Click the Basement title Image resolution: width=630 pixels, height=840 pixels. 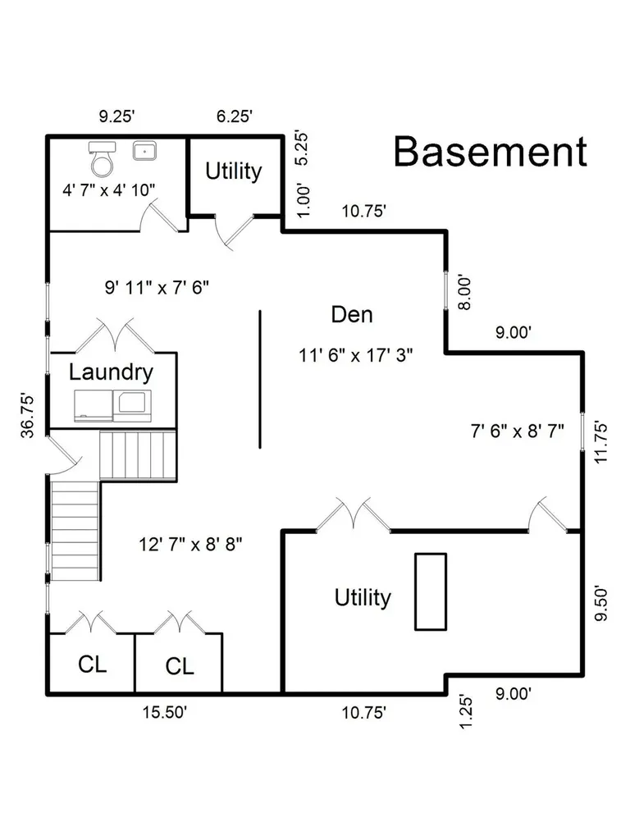pos(491,152)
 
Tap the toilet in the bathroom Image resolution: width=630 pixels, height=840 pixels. pos(102,158)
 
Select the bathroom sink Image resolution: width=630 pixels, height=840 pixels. pos(144,151)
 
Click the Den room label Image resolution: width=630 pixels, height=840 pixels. pos(352,314)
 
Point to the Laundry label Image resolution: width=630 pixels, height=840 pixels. pos(111,372)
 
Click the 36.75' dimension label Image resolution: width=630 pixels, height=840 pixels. pos(27,416)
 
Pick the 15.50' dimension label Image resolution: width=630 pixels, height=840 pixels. pos(164,712)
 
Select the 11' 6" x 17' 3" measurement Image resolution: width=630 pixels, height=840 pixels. pos(356,354)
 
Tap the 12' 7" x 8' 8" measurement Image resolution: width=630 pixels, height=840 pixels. pos(190,545)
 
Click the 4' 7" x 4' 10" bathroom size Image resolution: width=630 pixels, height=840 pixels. pos(109,189)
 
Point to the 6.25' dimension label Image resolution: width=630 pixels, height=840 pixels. pos(235,116)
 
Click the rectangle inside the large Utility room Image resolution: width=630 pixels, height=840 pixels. pos(431,591)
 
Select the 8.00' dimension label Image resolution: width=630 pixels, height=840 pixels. pos(464,293)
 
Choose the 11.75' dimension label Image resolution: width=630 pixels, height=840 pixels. pos(601,442)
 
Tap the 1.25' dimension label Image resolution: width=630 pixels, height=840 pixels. pos(466,712)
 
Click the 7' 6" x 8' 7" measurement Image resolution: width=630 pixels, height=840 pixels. pos(517,431)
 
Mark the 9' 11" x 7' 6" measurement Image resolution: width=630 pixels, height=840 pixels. pos(157,288)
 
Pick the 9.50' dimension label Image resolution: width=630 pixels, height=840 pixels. pos(601,604)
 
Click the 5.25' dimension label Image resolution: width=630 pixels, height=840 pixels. pos(302,148)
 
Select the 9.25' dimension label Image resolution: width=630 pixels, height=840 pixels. pos(116,116)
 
